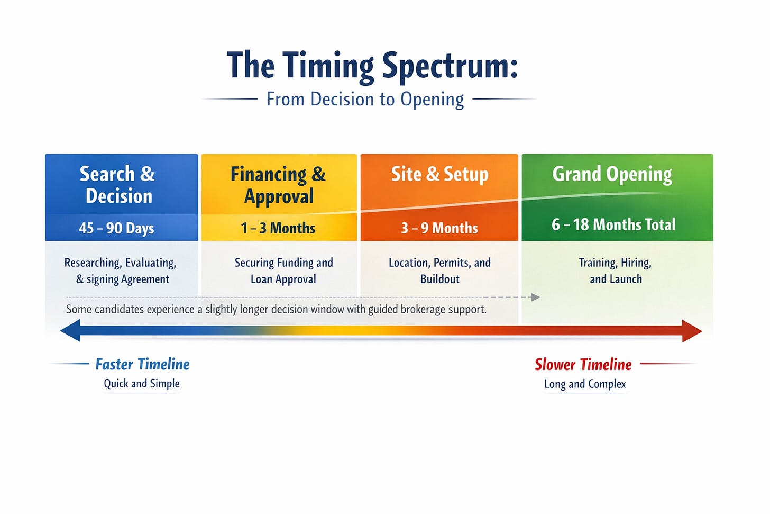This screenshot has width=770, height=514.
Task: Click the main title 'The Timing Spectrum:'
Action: (372, 66)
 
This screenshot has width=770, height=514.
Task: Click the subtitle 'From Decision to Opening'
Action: (365, 99)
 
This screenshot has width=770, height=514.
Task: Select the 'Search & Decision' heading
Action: (117, 185)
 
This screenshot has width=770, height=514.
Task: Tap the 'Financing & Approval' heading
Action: (278, 185)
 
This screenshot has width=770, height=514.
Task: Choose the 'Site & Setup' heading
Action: (439, 174)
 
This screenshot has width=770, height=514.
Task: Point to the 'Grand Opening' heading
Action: (612, 174)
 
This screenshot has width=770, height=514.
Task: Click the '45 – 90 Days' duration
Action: (116, 228)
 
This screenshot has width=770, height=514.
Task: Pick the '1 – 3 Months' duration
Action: (278, 228)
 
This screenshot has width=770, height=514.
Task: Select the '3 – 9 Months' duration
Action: (439, 228)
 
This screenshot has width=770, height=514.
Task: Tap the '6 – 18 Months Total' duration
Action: (613, 224)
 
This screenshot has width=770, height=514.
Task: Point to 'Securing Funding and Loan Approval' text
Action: (283, 270)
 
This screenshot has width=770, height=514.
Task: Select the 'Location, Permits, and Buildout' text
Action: (439, 270)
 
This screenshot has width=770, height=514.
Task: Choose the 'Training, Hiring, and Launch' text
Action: (616, 270)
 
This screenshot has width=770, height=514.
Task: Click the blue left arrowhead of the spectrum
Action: (70, 331)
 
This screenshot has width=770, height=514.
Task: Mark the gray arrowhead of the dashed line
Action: (535, 297)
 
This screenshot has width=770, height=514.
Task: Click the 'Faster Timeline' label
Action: (142, 364)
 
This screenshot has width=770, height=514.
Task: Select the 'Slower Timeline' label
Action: (583, 364)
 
